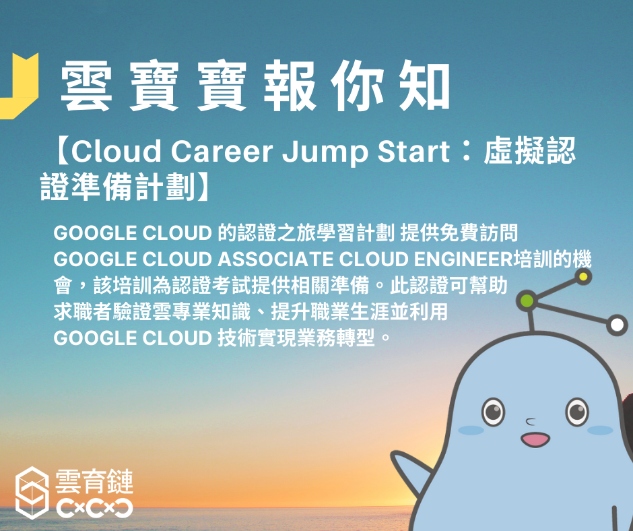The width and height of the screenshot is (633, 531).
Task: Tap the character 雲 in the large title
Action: point(86,86)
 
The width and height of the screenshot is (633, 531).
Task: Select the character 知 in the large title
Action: point(424,86)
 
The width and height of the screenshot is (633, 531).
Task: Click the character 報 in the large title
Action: point(290,86)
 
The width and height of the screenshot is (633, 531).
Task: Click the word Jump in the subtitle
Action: point(325,153)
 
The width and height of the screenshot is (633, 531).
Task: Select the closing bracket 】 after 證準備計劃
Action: point(203,187)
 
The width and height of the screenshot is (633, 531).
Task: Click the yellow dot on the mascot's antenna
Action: point(583,277)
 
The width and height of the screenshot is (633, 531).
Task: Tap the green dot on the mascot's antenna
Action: point(527,301)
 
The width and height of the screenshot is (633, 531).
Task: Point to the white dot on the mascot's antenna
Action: point(617,325)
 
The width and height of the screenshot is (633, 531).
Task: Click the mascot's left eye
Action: point(494,412)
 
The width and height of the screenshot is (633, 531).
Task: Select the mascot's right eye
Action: point(577,412)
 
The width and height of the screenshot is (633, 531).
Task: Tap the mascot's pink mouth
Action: point(535,439)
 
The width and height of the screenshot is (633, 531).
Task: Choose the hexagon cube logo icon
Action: point(32,493)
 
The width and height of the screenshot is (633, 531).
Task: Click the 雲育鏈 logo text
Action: point(94,482)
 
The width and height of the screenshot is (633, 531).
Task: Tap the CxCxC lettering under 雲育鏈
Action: point(94,508)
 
